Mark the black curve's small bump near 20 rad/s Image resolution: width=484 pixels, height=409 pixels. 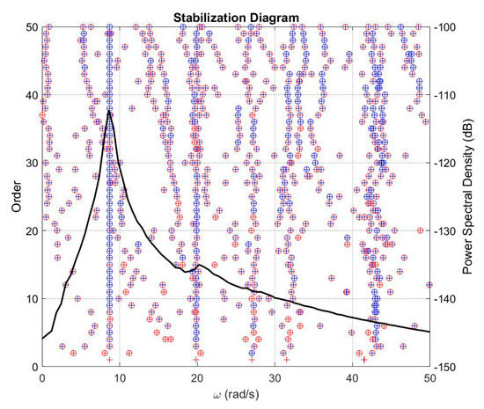(x=198, y=265)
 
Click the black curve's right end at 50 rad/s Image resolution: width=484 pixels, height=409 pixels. (x=429, y=332)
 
